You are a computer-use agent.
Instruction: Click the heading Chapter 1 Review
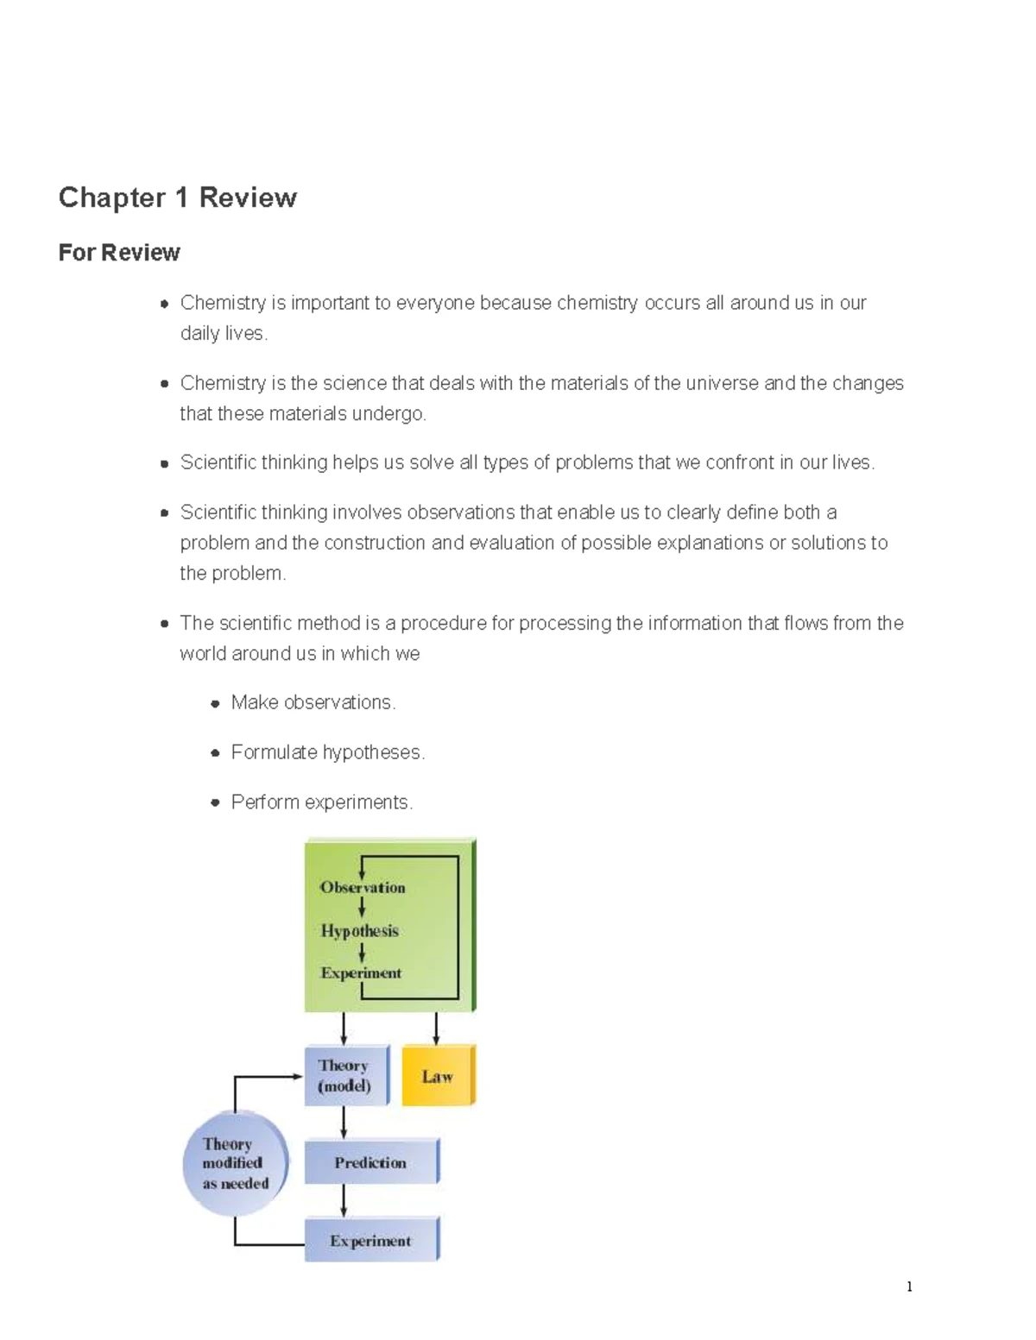[x=177, y=198]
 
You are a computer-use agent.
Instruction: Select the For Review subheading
[x=119, y=253]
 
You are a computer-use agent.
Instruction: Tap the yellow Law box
[x=438, y=1076]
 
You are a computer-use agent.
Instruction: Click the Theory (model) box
[x=345, y=1075]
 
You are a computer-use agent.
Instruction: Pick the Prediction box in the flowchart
[x=370, y=1162]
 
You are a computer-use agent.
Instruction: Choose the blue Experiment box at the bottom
[x=370, y=1240]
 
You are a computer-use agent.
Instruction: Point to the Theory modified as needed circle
[x=235, y=1163]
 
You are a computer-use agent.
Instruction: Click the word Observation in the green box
[x=363, y=887]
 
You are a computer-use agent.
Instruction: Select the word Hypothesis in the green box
[x=360, y=931]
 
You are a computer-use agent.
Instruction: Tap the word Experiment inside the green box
[x=361, y=973]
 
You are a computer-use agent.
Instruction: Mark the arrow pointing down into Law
[x=436, y=1029]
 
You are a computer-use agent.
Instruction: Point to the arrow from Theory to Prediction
[x=344, y=1122]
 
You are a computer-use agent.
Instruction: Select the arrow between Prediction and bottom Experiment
[x=344, y=1200]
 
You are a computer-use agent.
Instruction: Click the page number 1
[x=909, y=1287]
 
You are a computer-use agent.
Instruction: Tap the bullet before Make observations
[x=215, y=704]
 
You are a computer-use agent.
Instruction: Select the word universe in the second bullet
[x=722, y=383]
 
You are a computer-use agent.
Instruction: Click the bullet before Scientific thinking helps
[x=164, y=463]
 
